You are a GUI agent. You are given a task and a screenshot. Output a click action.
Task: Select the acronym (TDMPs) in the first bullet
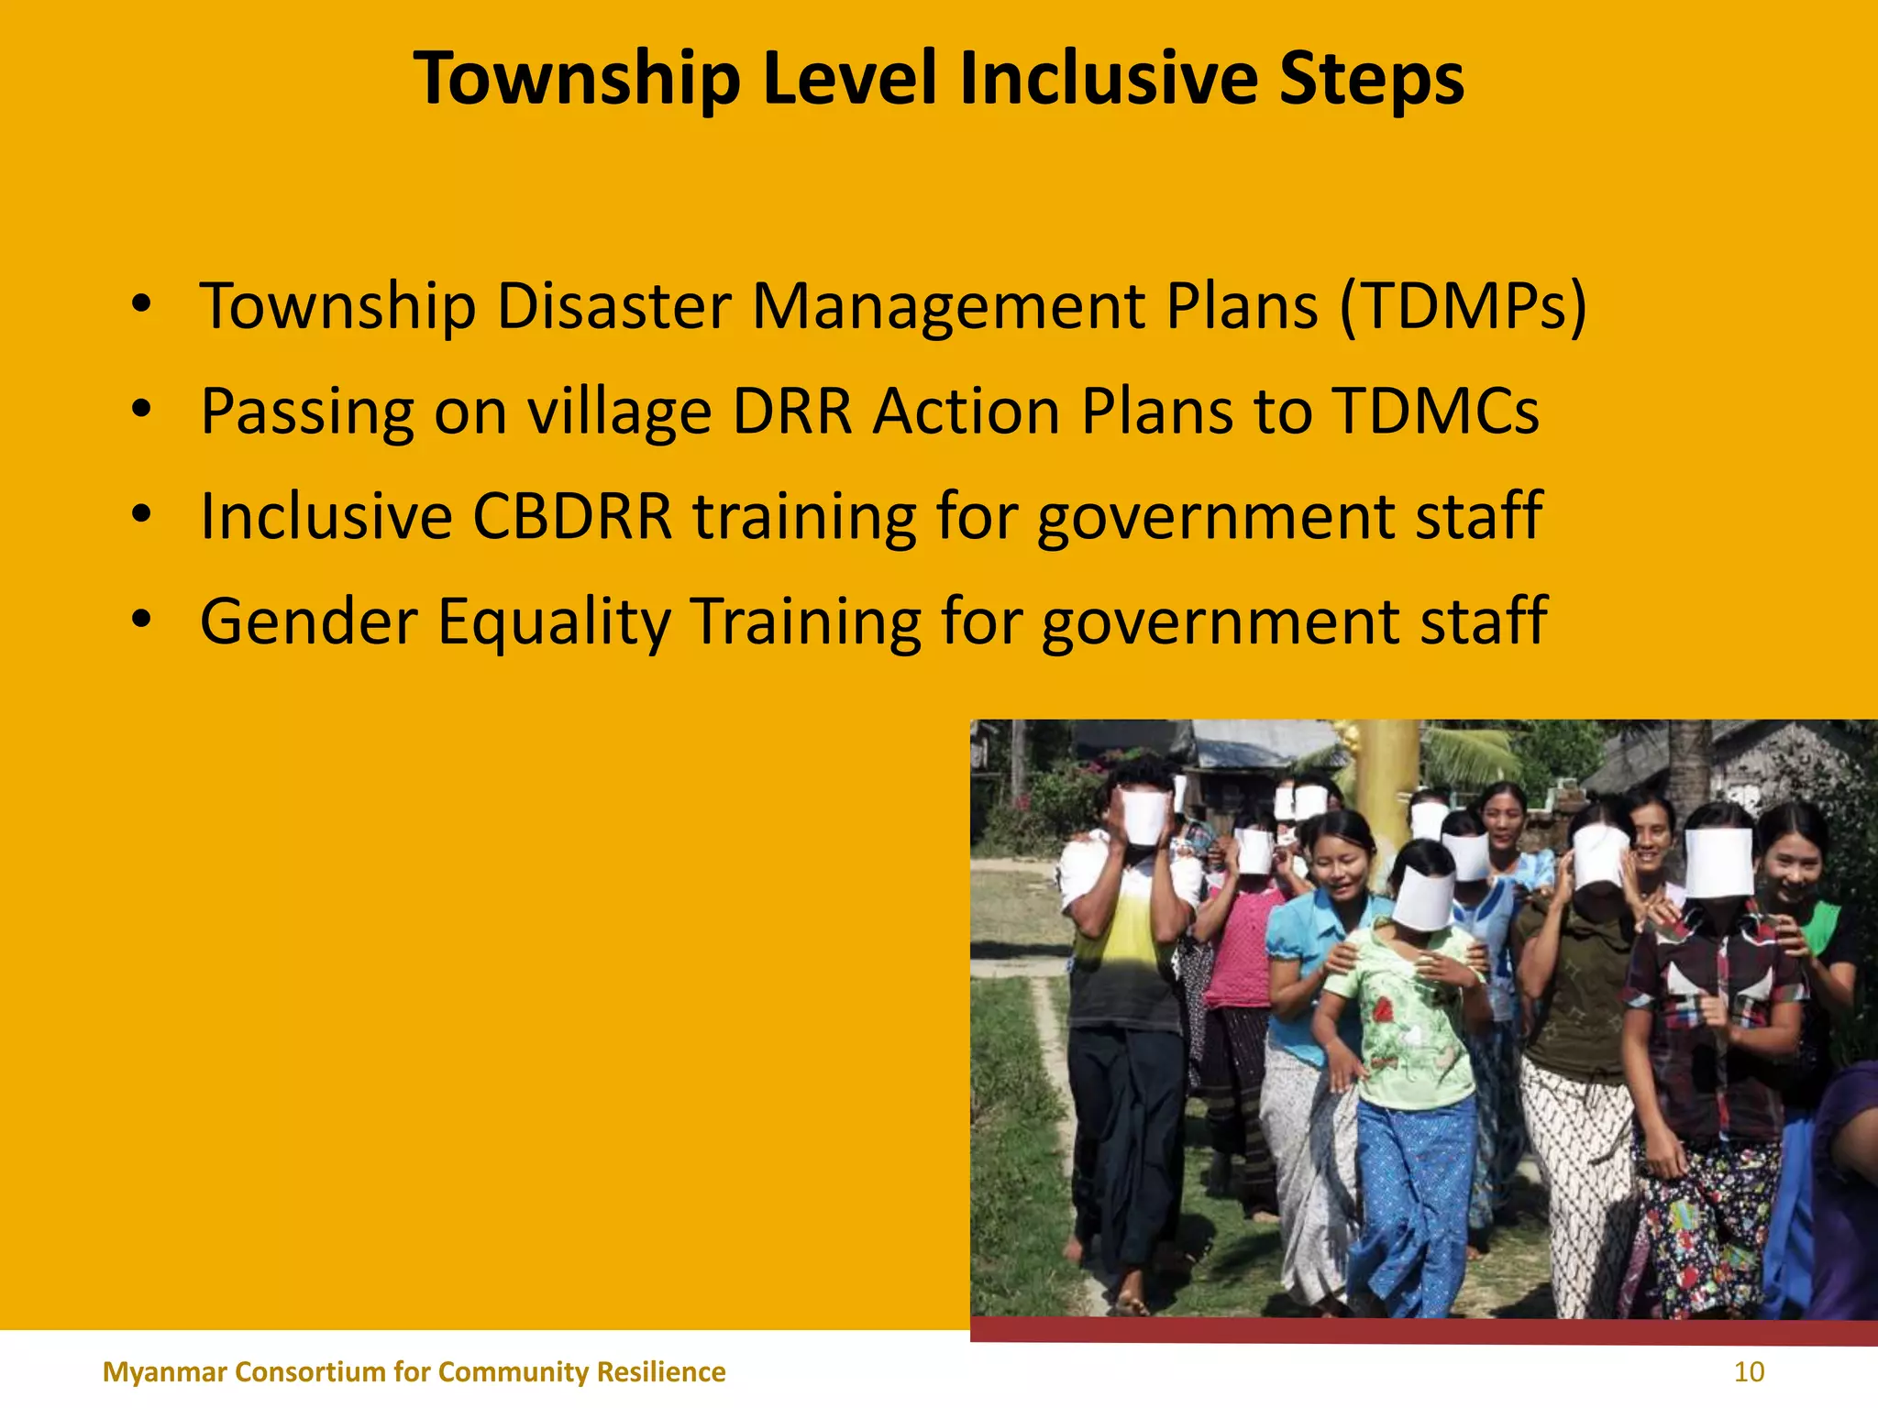(1463, 306)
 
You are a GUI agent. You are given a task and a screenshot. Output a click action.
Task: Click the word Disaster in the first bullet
(613, 306)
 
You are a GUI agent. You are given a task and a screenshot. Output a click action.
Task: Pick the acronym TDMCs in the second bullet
(1436, 412)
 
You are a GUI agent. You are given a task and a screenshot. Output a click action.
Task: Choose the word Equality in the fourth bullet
(554, 621)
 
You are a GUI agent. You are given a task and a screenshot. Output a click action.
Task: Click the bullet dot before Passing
(140, 410)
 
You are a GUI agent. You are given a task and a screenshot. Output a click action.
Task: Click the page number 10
(1749, 1372)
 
